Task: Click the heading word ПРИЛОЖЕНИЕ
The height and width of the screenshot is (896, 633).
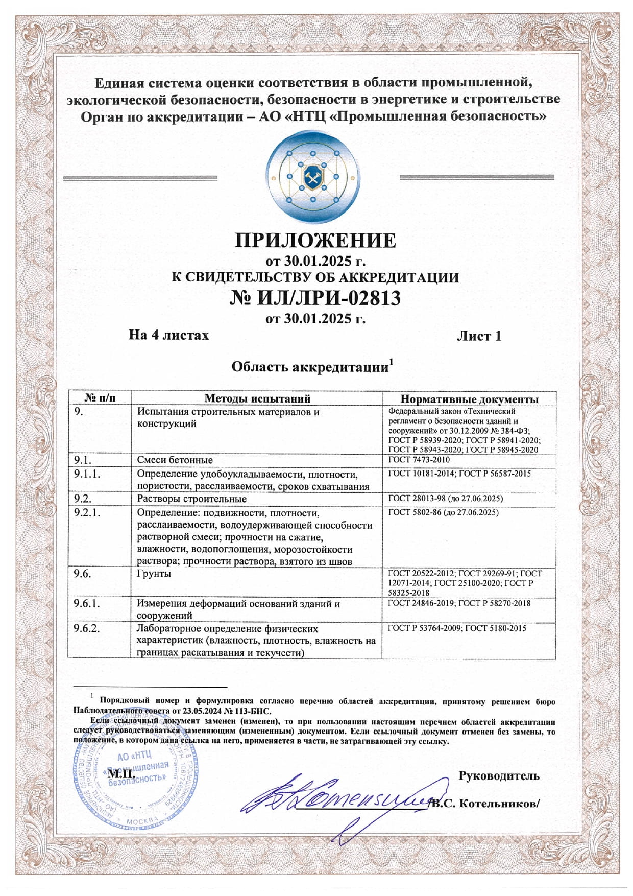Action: [315, 240]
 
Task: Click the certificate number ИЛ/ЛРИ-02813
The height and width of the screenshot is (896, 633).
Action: [329, 298]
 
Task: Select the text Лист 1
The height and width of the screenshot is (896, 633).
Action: [478, 336]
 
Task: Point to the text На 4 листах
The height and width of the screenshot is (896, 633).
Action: [168, 335]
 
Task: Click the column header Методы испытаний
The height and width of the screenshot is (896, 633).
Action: [257, 398]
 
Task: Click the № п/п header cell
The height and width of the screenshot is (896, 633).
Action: [100, 398]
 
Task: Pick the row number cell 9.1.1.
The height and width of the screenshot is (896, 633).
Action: [87, 474]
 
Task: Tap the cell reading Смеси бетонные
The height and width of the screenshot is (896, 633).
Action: [175, 460]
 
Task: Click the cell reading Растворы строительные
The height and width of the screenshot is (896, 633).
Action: [191, 499]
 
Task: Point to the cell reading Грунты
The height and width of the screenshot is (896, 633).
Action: [154, 574]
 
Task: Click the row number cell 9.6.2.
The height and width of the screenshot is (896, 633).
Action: [87, 628]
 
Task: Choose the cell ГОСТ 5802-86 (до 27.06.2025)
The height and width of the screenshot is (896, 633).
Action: [443, 512]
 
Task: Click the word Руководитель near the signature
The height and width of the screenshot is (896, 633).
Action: [499, 776]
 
